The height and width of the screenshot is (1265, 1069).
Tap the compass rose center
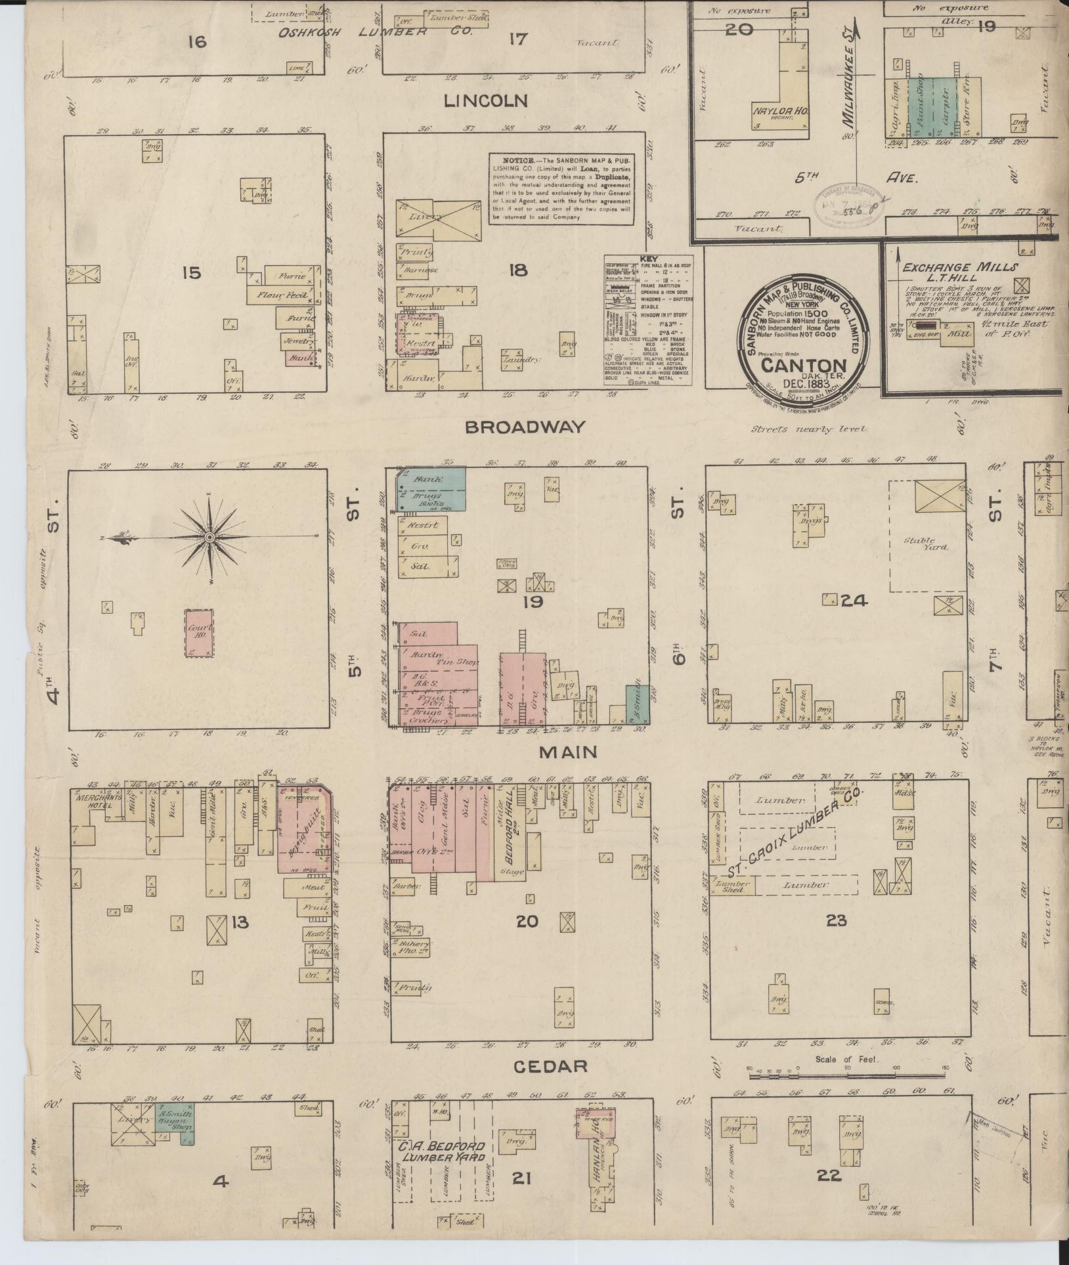tap(209, 538)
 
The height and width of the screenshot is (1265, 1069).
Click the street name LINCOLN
tap(485, 100)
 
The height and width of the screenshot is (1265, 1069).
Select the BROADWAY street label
tap(524, 427)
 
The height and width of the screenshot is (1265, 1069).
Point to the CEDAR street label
tap(550, 1066)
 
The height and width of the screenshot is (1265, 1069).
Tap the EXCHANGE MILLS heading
tap(959, 267)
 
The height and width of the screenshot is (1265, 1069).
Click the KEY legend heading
tap(649, 259)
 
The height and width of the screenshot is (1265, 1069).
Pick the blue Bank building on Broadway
tap(431, 488)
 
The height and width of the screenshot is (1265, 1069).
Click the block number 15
tap(191, 271)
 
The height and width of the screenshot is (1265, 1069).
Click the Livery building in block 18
tap(437, 217)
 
